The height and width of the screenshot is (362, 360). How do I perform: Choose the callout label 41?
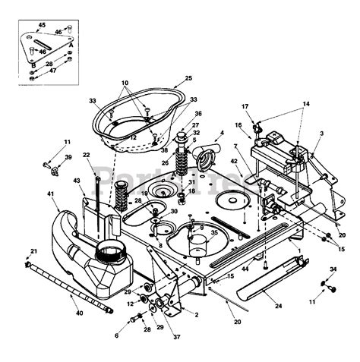(52, 195)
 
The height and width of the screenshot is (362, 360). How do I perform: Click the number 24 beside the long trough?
(278, 307)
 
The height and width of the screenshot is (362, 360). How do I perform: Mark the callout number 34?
(332, 269)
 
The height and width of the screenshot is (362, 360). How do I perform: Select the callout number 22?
(86, 156)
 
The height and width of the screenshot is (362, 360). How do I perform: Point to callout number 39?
(68, 157)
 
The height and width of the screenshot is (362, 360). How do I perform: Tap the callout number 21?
(33, 251)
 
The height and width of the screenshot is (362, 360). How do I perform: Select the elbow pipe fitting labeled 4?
(204, 159)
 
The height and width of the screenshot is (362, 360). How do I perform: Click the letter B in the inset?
(33, 66)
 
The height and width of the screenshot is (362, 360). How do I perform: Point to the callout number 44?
(245, 269)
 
